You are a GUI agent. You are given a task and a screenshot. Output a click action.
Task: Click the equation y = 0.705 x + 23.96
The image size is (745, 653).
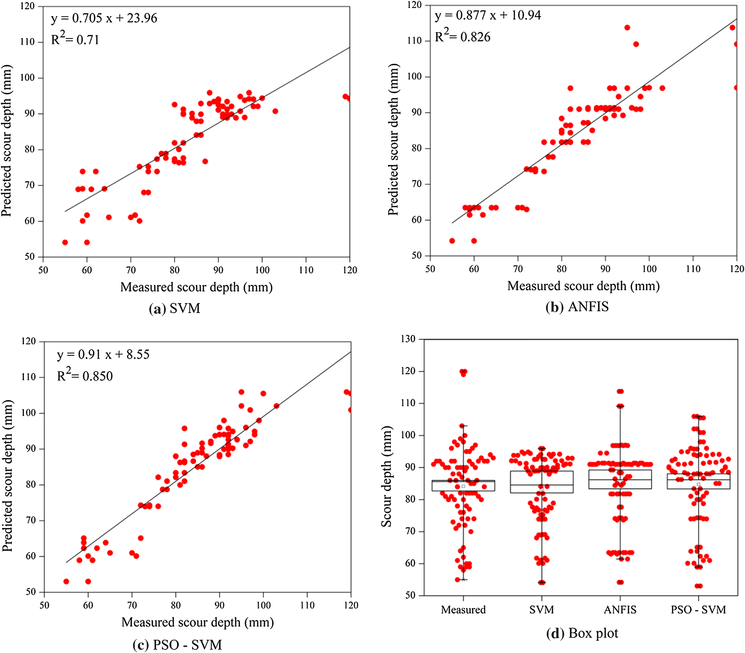pyautogui.click(x=104, y=18)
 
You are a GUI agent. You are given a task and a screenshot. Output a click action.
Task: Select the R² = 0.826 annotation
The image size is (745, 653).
pyautogui.click(x=462, y=37)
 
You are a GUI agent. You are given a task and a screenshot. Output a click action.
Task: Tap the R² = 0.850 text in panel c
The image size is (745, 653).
pyautogui.click(x=85, y=376)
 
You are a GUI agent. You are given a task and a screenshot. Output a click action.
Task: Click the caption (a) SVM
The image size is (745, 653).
pyautogui.click(x=175, y=309)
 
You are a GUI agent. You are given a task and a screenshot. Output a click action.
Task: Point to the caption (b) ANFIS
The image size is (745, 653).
pyautogui.click(x=577, y=307)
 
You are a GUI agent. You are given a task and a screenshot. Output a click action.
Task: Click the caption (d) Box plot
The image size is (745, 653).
pyautogui.click(x=582, y=633)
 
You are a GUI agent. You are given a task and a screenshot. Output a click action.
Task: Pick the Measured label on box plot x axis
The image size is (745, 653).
pyautogui.click(x=463, y=610)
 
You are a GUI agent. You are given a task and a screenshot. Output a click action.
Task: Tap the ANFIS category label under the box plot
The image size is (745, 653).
pyautogui.click(x=620, y=610)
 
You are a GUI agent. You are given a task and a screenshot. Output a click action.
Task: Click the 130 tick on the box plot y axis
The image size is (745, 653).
pyautogui.click(x=408, y=339)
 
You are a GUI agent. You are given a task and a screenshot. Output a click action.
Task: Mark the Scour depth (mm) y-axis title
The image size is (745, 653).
pyautogui.click(x=386, y=476)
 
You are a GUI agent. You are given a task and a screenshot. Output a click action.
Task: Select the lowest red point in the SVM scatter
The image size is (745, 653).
pyautogui.click(x=65, y=242)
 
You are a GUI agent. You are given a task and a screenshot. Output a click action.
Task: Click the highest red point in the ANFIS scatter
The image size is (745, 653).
pyautogui.click(x=627, y=28)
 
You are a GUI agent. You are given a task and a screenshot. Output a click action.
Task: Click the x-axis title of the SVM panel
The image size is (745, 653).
pyautogui.click(x=197, y=287)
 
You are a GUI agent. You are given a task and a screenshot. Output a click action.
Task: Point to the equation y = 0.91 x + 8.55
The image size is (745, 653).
pyautogui.click(x=103, y=354)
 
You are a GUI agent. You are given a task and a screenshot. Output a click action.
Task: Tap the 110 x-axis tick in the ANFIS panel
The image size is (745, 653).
pyautogui.click(x=693, y=269)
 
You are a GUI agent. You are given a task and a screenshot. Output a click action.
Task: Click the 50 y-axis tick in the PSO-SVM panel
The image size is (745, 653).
pyautogui.click(x=31, y=592)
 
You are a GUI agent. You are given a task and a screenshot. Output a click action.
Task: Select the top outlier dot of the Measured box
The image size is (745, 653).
pyautogui.click(x=464, y=372)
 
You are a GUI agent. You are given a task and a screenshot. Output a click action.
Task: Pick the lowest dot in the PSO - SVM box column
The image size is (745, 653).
pyautogui.click(x=698, y=586)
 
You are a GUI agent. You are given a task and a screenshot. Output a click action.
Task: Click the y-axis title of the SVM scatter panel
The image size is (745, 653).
pyautogui.click(x=7, y=141)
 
